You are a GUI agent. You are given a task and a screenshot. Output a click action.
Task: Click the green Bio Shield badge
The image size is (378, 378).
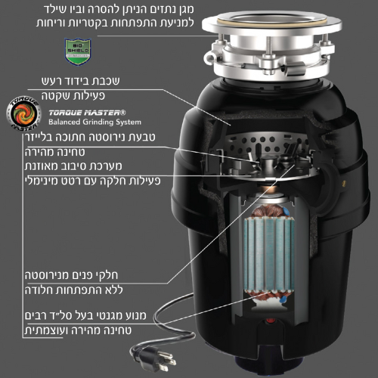tap(77, 51)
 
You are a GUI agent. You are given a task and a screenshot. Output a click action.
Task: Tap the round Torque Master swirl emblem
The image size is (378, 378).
tap(24, 113)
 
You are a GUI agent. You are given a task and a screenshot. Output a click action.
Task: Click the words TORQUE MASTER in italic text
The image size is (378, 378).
tap(87, 113)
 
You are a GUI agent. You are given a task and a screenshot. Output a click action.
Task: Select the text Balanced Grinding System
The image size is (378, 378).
tap(94, 122)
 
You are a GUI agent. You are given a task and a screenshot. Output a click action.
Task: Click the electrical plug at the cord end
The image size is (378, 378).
tap(154, 358)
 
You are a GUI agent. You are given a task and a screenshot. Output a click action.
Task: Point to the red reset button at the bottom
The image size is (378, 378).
tap(271, 321)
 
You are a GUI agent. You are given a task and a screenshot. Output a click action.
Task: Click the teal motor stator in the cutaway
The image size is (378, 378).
tap(269, 255)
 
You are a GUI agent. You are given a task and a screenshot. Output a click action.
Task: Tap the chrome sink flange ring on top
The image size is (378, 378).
tap(271, 23)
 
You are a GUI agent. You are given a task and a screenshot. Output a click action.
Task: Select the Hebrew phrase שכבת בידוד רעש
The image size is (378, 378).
tap(81, 81)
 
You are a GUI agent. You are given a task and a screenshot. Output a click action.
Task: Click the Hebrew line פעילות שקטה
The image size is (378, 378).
tap(73, 96)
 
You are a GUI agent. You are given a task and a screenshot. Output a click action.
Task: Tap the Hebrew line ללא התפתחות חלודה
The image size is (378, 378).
tap(74, 290)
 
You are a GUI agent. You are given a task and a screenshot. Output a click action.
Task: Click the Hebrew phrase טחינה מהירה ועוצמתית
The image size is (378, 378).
tap(78, 330)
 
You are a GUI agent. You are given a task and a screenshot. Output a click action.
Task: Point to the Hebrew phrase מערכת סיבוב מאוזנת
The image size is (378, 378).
tap(73, 166)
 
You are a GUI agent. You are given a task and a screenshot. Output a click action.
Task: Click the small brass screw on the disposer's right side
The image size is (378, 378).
tap(344, 183)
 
